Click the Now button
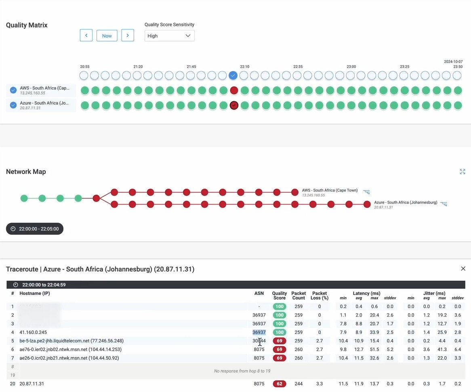[x=107, y=35]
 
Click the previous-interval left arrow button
[x=86, y=35]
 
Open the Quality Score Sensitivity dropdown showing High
[x=169, y=35]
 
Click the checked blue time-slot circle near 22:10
[x=233, y=75]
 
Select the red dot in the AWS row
[x=234, y=90]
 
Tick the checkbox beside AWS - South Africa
[x=13, y=90]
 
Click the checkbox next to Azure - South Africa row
[x=13, y=105]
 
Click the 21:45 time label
[x=191, y=67]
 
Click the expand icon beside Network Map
[x=463, y=172]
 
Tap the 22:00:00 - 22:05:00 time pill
[x=35, y=229]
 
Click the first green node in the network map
[x=24, y=198]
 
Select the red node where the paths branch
[x=96, y=198]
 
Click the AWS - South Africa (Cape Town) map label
[x=330, y=190]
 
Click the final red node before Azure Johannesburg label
[x=367, y=204]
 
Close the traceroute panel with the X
[x=463, y=269]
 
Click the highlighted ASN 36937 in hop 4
[x=259, y=332]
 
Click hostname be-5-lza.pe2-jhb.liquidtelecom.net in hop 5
[x=71, y=341]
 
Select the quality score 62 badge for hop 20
[x=279, y=384]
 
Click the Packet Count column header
[x=299, y=296]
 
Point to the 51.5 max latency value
[x=374, y=350]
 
